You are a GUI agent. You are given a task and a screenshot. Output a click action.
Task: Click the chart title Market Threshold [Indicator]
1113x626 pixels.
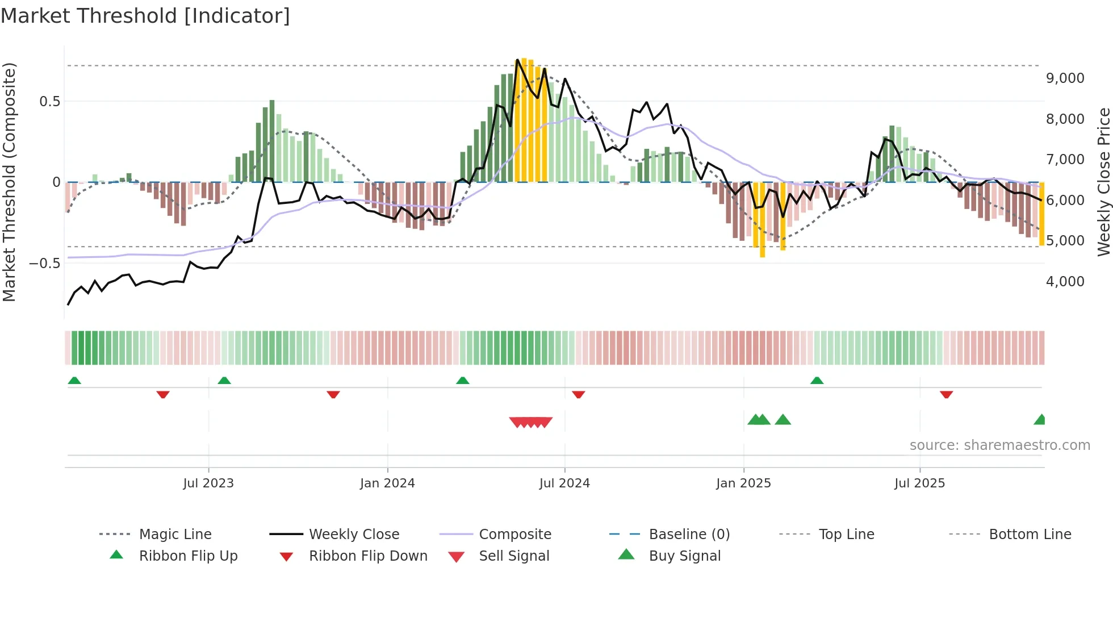pyautogui.click(x=145, y=16)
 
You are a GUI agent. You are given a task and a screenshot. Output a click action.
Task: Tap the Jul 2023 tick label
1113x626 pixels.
pyautogui.click(x=208, y=483)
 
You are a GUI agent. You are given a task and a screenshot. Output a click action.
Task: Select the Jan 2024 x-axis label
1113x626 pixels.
pyautogui.click(x=387, y=483)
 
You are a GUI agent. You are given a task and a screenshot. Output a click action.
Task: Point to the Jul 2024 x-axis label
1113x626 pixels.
pyautogui.click(x=564, y=483)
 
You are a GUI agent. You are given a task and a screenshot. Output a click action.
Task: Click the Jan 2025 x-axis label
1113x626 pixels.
pyautogui.click(x=743, y=483)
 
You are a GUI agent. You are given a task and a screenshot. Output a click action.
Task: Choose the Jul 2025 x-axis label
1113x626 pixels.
pyautogui.click(x=919, y=483)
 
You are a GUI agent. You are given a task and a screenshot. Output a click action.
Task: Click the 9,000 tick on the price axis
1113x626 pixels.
pyautogui.click(x=1065, y=78)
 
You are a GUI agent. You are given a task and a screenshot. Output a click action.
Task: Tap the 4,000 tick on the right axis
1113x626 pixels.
pyautogui.click(x=1065, y=282)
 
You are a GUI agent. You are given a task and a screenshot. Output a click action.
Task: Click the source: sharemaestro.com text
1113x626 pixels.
pyautogui.click(x=999, y=445)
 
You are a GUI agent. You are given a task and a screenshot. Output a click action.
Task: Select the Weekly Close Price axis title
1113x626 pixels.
pyautogui.click(x=1103, y=182)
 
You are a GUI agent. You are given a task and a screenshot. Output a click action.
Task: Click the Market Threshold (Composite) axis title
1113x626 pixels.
pyautogui.click(x=9, y=182)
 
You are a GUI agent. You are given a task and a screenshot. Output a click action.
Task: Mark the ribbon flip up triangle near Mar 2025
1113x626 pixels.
pyautogui.click(x=817, y=381)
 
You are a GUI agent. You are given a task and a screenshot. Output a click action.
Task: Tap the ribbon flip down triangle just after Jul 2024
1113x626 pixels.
pyautogui.click(x=578, y=394)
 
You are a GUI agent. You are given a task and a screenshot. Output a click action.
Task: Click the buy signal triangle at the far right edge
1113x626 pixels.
pyautogui.click(x=1040, y=420)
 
